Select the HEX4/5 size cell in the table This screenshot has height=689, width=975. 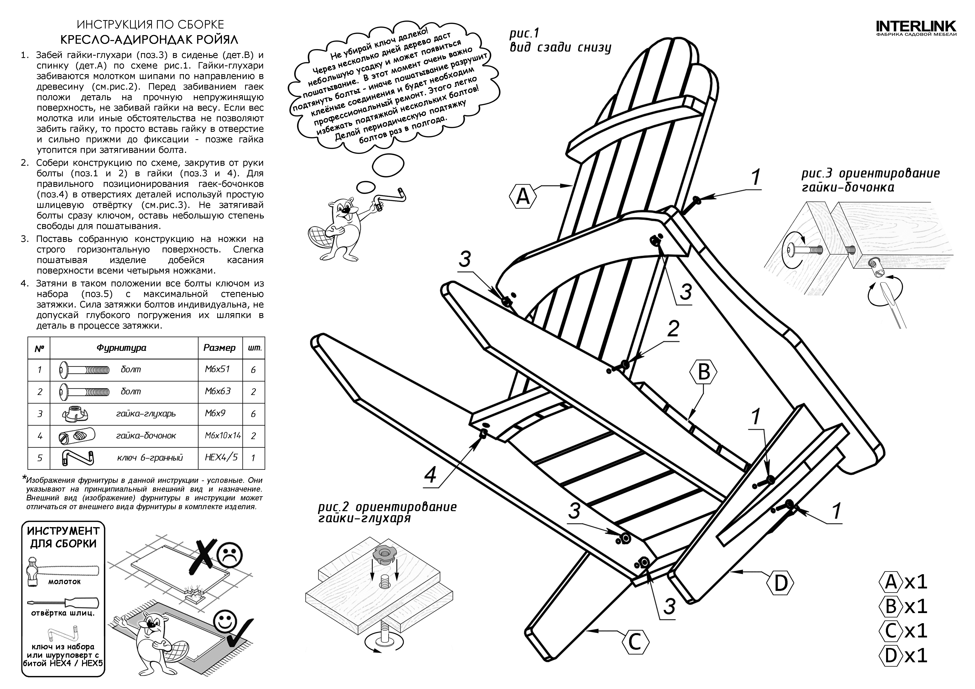(221, 457)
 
